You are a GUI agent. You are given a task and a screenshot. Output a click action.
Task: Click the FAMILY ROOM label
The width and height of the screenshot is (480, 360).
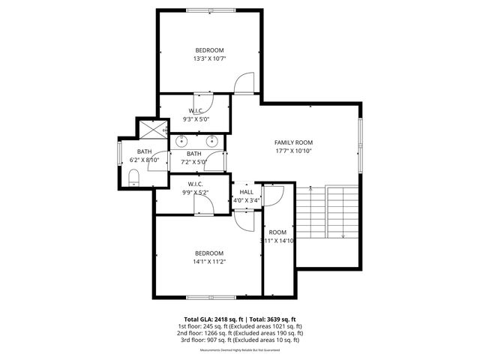(292, 142)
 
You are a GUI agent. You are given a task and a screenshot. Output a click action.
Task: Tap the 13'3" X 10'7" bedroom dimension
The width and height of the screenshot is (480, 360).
(210, 58)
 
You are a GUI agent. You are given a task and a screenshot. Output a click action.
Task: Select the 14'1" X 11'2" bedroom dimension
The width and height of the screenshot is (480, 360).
(210, 262)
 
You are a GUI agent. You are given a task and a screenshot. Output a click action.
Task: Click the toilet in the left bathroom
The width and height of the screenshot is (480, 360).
(133, 177)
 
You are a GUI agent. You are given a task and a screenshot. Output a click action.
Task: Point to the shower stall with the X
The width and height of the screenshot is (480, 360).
(154, 129)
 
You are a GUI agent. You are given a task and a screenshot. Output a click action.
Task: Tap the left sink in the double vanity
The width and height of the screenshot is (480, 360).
(181, 140)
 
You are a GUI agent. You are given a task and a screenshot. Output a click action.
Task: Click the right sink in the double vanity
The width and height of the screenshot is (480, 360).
(212, 140)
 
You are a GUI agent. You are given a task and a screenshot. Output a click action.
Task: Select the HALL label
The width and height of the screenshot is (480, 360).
(246, 192)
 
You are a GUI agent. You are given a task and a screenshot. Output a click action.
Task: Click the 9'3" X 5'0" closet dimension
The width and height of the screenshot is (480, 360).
(196, 119)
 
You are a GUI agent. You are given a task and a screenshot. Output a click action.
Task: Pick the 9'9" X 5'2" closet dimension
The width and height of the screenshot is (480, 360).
(195, 193)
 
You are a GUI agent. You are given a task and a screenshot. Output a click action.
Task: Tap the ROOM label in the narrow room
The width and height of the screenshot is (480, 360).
(278, 232)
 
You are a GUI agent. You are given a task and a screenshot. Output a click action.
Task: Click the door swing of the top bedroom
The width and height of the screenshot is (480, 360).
(244, 85)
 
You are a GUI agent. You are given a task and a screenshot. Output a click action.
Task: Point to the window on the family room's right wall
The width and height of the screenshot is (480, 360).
(361, 142)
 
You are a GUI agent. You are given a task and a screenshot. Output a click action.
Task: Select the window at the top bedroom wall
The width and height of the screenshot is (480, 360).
(210, 10)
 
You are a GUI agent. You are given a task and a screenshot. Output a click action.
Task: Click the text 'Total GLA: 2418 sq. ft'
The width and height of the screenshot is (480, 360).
(212, 319)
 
